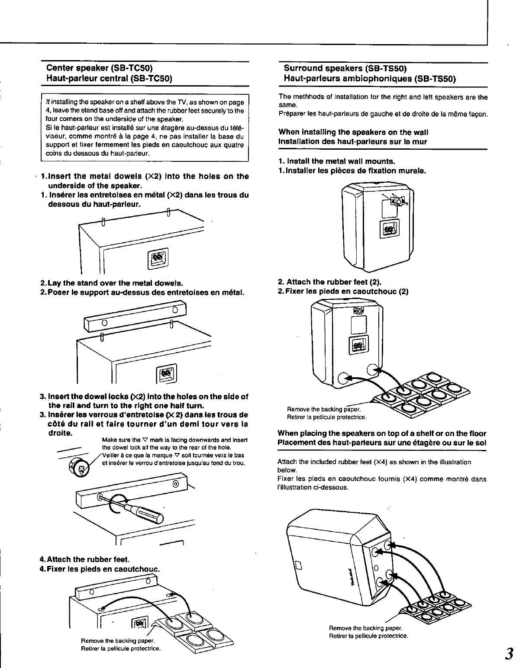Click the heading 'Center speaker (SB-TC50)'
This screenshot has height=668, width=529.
pyautogui.click(x=100, y=68)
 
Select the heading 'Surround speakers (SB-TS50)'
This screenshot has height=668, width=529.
pyautogui.click(x=345, y=68)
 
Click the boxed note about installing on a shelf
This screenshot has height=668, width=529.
pyautogui.click(x=144, y=128)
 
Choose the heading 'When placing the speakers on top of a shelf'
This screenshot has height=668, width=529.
pyautogui.click(x=382, y=434)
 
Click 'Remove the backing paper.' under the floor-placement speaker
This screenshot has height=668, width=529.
pyautogui.click(x=365, y=628)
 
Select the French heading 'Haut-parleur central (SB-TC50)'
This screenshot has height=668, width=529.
pyautogui.click(x=110, y=79)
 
